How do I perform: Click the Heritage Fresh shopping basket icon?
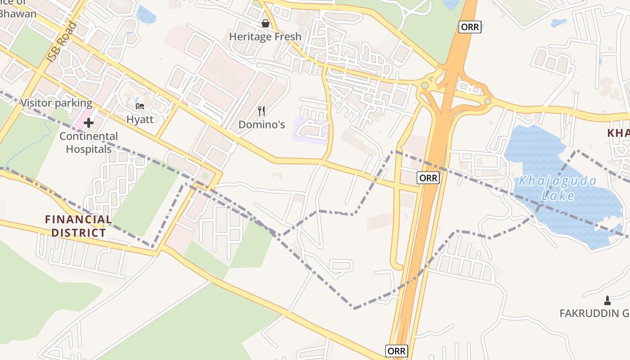pyautogui.click(x=265, y=23)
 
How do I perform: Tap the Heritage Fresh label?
pyautogui.click(x=265, y=36)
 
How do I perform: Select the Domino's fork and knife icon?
pyautogui.click(x=261, y=111)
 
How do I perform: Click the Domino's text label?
pyautogui.click(x=261, y=124)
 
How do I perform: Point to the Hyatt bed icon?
pyautogui.click(x=140, y=106)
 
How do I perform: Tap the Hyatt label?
pyautogui.click(x=140, y=119)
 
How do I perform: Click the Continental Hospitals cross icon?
pyautogui.click(x=89, y=122)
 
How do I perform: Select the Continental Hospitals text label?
pyautogui.click(x=89, y=142)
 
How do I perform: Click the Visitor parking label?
pyautogui.click(x=56, y=103)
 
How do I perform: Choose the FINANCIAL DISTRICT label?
pyautogui.click(x=78, y=226)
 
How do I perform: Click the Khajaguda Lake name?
pyautogui.click(x=558, y=188)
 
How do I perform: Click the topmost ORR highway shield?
pyautogui.click(x=470, y=27)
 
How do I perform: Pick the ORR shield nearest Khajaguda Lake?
pyautogui.click(x=428, y=178)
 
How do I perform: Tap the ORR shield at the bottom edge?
pyautogui.click(x=396, y=351)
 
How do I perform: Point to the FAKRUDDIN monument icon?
pyautogui.click(x=607, y=300)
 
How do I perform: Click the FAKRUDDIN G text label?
pyautogui.click(x=594, y=313)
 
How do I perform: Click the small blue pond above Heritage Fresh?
pyautogui.click(x=146, y=15)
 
